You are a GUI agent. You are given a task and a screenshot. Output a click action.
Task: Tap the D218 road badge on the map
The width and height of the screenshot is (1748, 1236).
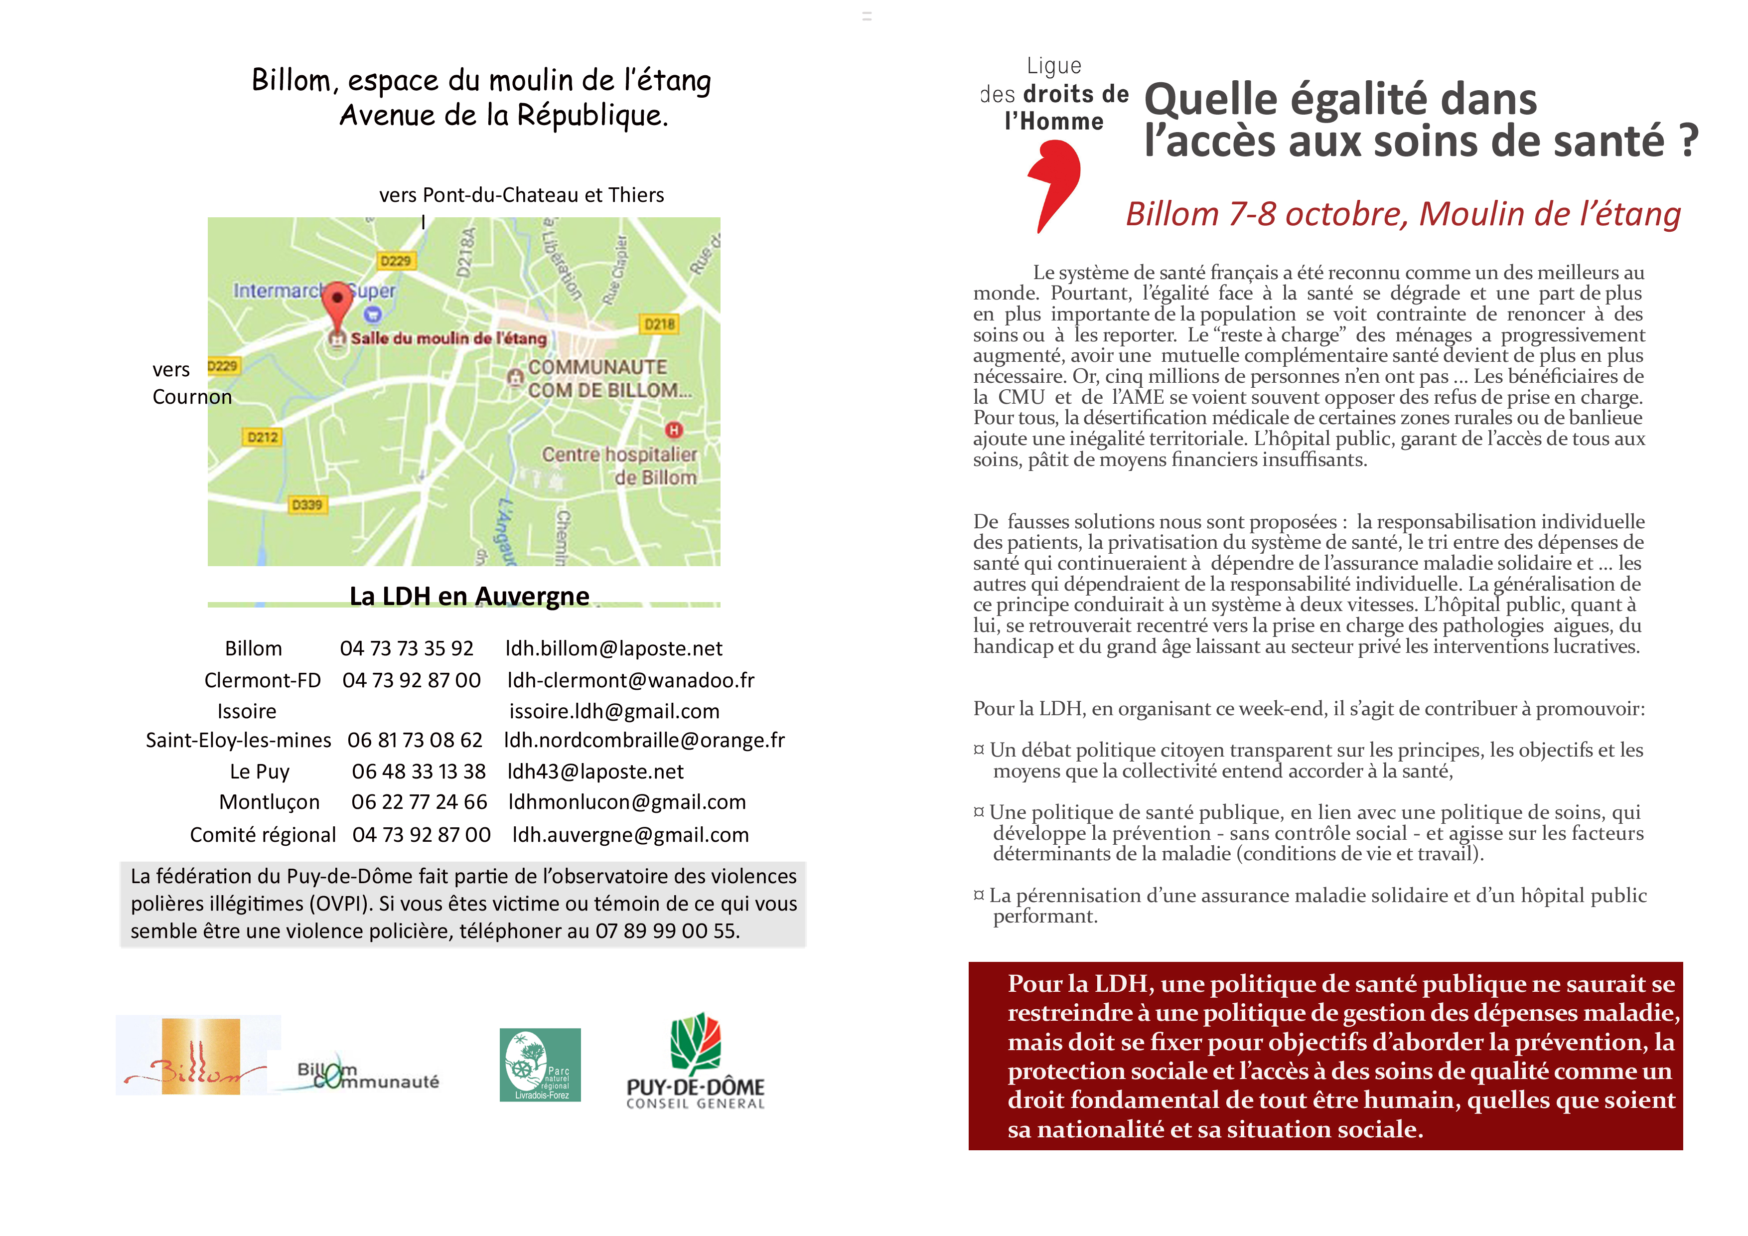pos(659,324)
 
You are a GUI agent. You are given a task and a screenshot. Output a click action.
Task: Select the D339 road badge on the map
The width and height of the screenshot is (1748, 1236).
pos(307,505)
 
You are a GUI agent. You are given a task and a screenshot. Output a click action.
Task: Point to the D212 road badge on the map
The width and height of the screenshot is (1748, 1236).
pos(263,437)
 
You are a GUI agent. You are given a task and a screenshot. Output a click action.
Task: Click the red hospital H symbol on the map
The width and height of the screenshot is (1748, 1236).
pos(674,430)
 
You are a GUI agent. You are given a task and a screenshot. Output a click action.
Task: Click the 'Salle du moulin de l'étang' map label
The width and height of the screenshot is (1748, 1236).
pos(448,338)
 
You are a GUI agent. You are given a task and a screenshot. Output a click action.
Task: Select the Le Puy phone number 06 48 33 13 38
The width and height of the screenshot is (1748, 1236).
pos(418,772)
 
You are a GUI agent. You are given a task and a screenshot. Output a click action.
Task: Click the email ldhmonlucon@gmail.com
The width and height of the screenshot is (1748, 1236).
pos(626,802)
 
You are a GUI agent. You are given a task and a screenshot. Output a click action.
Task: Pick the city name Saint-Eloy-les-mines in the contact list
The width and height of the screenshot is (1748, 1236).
pos(238,740)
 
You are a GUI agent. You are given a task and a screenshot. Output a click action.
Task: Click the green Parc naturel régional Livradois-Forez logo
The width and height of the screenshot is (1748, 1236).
pos(540,1065)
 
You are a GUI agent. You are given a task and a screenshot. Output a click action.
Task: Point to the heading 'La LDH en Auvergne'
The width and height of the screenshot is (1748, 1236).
pos(469,596)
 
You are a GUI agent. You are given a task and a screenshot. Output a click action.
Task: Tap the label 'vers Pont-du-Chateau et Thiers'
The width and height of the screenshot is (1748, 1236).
pos(522,195)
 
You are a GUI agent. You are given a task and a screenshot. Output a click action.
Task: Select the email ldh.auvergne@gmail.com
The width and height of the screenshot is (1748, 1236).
pos(630,835)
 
